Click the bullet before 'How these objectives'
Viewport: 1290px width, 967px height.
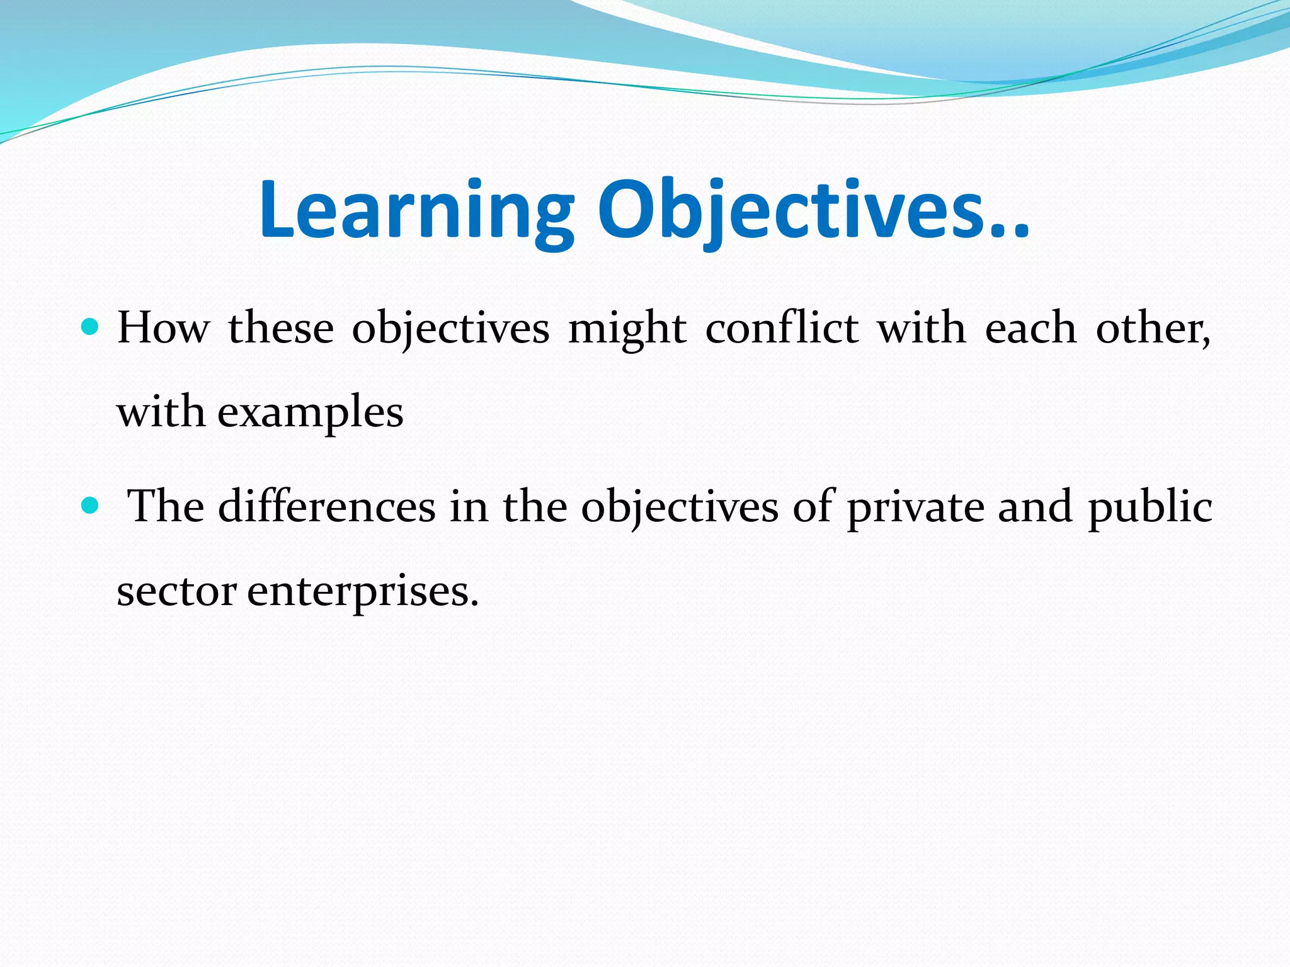click(91, 327)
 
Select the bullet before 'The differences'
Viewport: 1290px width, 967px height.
click(91, 505)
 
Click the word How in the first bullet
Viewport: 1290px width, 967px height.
click(163, 328)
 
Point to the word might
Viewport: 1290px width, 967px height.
click(627, 329)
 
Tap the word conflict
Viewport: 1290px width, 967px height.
click(782, 328)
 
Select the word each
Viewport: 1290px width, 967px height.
click(1030, 328)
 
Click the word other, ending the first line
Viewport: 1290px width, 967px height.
click(1153, 328)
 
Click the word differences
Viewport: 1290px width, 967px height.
click(327, 506)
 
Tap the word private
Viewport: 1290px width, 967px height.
click(915, 507)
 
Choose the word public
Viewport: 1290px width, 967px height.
click(1150, 507)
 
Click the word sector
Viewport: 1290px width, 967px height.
click(177, 592)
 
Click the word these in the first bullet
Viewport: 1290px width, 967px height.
click(281, 328)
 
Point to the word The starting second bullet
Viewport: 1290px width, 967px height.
click(166, 506)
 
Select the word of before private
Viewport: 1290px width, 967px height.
click(813, 506)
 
